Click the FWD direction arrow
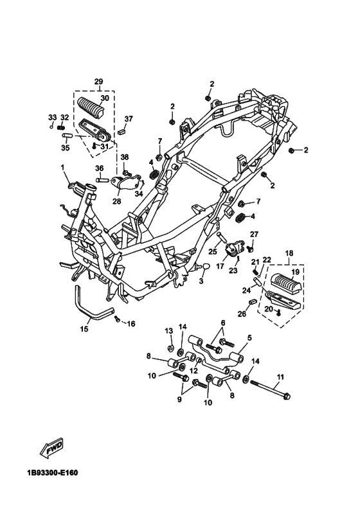tap(51, 449)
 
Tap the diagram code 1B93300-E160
tap(53, 472)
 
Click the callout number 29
tap(99, 82)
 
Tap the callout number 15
tap(84, 329)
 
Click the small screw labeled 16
tap(117, 319)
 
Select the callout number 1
tap(62, 167)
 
